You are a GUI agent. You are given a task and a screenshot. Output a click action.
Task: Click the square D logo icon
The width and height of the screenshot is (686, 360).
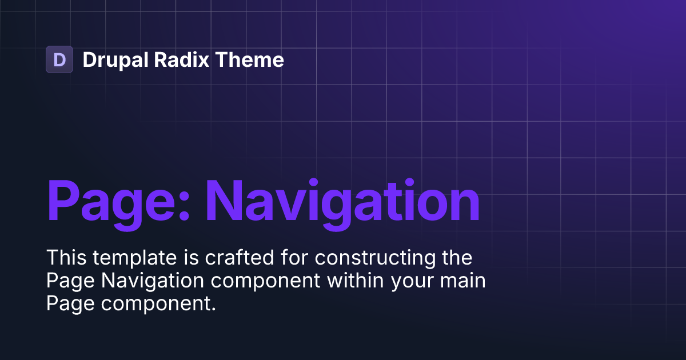click(59, 59)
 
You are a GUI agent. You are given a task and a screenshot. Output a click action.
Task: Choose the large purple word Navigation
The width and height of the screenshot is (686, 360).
click(343, 201)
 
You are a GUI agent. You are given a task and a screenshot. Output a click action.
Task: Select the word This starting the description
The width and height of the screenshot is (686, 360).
click(63, 258)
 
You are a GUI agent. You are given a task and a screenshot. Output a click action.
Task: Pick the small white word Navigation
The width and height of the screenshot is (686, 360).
click(141, 282)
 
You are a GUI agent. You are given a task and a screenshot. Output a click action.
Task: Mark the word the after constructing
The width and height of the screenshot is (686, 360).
click(457, 258)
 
